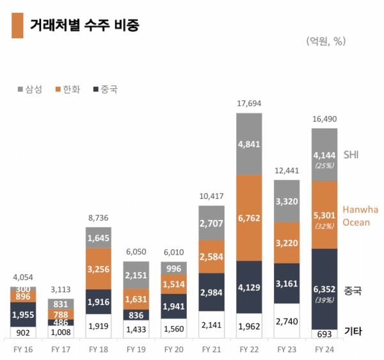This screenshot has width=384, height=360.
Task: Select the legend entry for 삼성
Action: pos(29,90)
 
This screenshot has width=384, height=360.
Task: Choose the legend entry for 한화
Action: pos(67,90)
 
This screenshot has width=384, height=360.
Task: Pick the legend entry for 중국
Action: pos(105,90)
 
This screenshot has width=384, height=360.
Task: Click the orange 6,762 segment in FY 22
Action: pos(249,217)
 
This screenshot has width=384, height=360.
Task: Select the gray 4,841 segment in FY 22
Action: pos(249,144)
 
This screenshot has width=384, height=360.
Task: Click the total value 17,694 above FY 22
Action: pos(249,104)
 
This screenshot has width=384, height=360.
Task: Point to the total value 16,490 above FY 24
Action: pos(324,119)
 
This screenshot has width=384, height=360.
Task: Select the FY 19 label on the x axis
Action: pos(136,350)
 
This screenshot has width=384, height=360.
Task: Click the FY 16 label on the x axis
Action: pos(23,350)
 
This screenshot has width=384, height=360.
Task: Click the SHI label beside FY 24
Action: pos(351,155)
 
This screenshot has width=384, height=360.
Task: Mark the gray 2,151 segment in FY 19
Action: pos(136,275)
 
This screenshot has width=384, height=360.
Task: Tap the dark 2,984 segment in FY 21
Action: pos(211,292)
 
